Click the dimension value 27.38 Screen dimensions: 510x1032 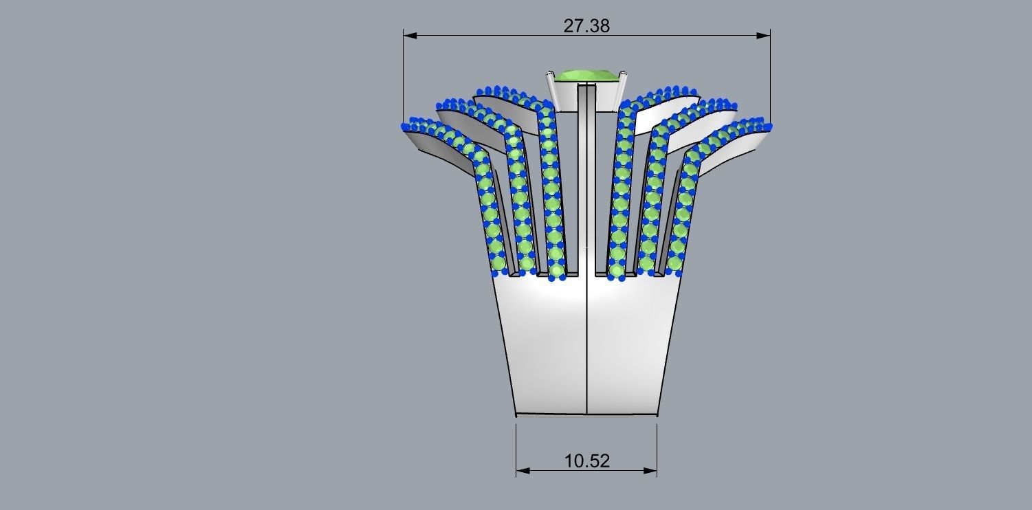[586, 26]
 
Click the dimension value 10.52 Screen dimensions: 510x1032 [586, 461]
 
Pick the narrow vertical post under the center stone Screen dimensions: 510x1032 [586, 179]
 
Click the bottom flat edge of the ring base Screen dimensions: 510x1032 [586, 414]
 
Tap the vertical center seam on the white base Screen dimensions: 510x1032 [586, 344]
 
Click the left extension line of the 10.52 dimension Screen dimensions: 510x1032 [516, 447]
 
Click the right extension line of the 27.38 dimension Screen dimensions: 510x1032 [770, 76]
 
